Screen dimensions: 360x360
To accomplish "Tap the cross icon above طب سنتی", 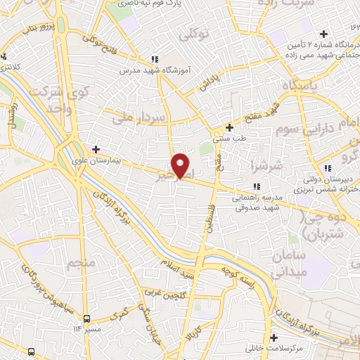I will [229, 128].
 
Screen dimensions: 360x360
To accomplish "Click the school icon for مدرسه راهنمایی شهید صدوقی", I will [257, 186].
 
